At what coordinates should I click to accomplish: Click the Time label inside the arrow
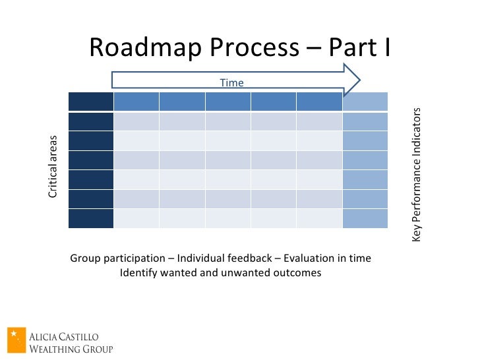click(231, 82)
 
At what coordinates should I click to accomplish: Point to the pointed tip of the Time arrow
click(359, 80)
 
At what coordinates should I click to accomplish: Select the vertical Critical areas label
click(53, 166)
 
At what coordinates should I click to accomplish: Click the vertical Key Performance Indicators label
click(417, 173)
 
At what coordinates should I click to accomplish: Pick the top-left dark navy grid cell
click(91, 102)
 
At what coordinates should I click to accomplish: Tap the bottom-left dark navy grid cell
click(91, 218)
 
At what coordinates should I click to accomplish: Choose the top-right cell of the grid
click(365, 102)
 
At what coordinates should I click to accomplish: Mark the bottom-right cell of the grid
click(365, 218)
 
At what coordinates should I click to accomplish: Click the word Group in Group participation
click(84, 258)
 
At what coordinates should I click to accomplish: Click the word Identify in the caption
click(137, 273)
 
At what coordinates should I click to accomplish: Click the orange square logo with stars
click(16, 340)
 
